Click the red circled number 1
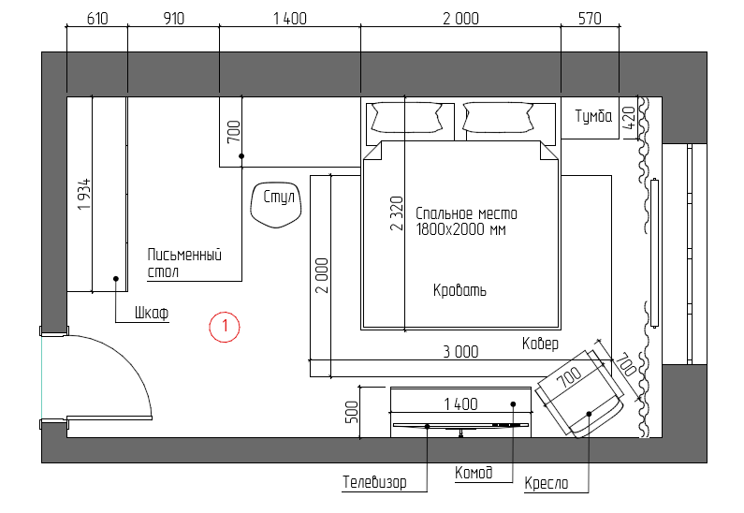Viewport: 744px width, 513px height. pos(225,327)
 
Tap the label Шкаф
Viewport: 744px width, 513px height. pos(152,313)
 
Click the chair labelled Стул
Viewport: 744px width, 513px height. pos(276,205)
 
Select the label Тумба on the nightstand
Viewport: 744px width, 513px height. pos(593,116)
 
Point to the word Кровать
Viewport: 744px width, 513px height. pos(460,290)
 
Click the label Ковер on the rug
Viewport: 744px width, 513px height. pos(540,344)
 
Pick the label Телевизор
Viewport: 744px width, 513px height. pos(374,482)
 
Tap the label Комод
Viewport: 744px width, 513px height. pos(474,473)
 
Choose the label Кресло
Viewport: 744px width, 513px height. pos(547,483)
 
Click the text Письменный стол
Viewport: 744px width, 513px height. pos(184,263)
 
